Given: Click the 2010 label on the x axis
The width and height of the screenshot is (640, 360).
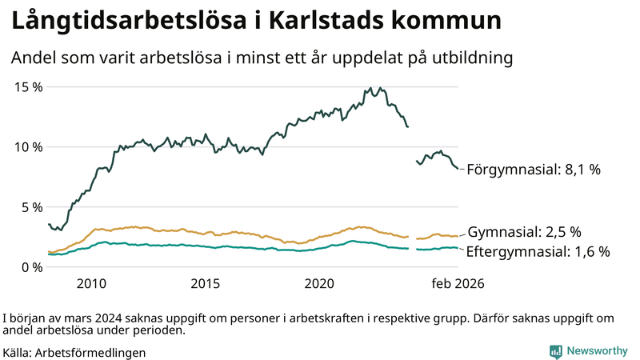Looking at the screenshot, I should point(91,283).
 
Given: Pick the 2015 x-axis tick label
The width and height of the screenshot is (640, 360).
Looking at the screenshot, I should point(206,283).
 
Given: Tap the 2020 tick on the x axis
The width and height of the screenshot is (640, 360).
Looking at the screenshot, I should point(320,283).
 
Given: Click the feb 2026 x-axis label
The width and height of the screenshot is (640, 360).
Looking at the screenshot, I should point(458,283).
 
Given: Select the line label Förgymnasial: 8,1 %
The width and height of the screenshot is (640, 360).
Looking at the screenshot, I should point(533,170).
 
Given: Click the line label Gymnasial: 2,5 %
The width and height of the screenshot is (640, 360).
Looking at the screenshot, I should point(524,233).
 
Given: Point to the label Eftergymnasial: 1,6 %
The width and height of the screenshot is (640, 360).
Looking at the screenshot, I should point(538,251).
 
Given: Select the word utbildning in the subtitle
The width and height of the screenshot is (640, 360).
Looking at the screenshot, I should point(470,58).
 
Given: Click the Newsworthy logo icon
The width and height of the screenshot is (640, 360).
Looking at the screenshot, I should point(555,351).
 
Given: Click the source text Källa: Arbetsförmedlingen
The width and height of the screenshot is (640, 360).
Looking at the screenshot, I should point(75,352).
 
